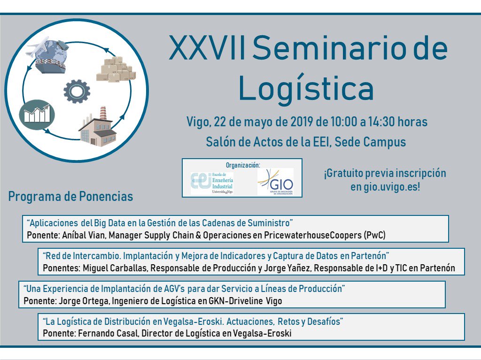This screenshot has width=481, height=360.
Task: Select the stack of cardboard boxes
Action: tap(116, 69)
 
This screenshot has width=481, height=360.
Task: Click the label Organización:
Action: tap(242, 165)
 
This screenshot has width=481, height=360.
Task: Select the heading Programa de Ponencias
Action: tap(70, 196)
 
